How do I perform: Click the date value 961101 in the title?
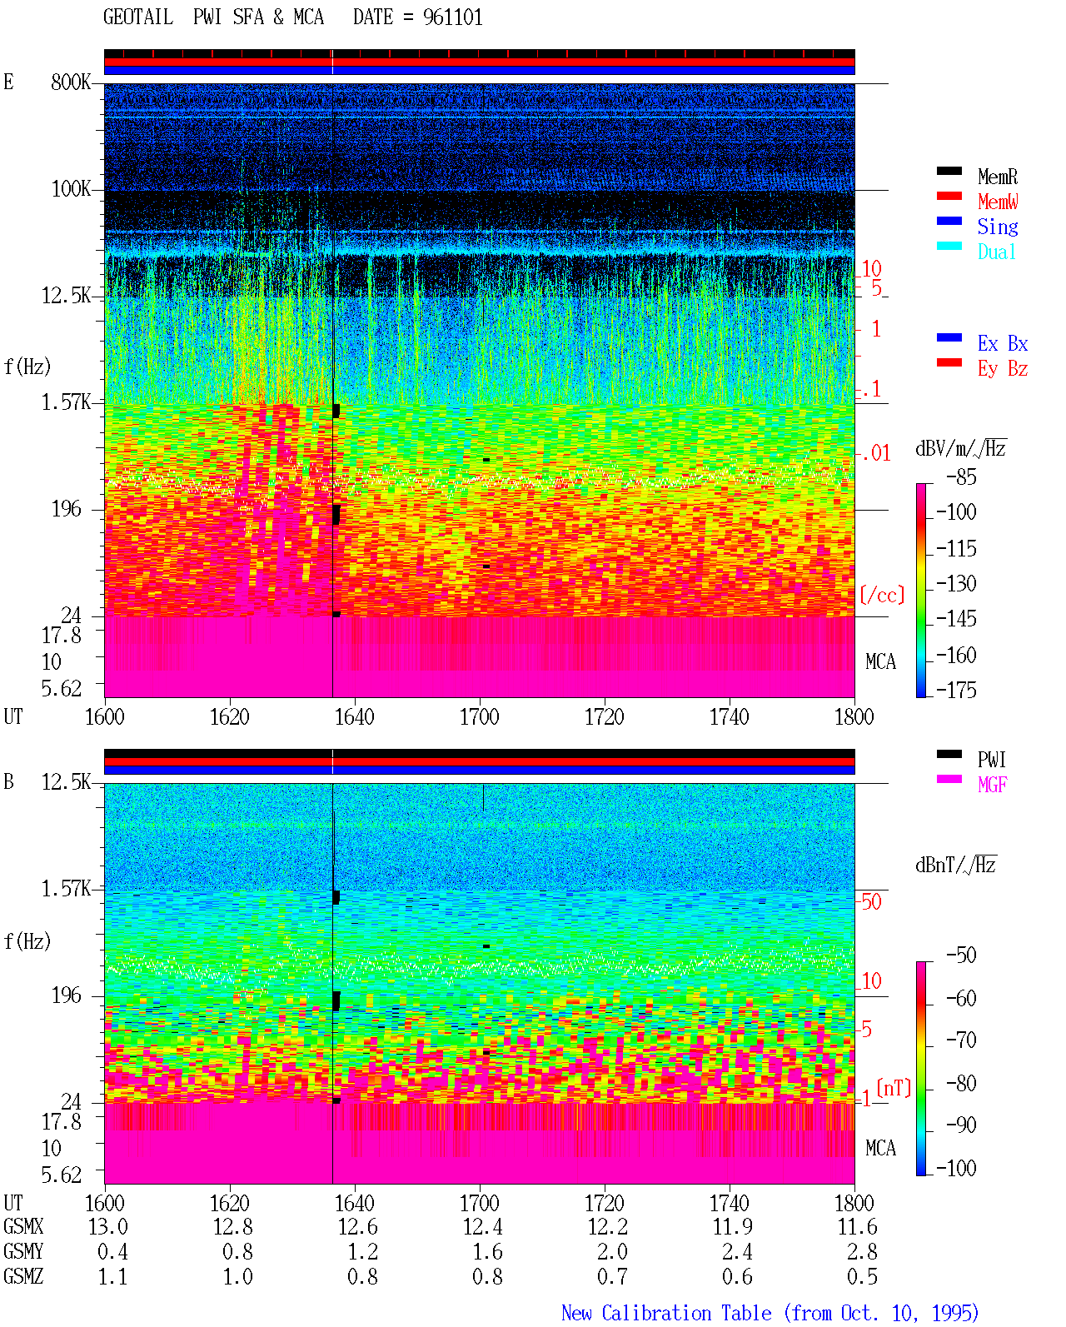pyautogui.click(x=452, y=17)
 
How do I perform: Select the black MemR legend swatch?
pyautogui.click(x=949, y=171)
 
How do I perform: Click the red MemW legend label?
pyautogui.click(x=998, y=202)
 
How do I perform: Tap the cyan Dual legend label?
pyautogui.click(x=996, y=252)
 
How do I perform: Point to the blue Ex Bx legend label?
pyautogui.click(x=1003, y=343)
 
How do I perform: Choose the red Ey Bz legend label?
pyautogui.click(x=1003, y=369)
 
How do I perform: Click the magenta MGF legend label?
pyautogui.click(x=992, y=785)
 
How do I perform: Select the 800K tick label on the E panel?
pyautogui.click(x=70, y=82)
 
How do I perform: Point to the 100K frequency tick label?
pyautogui.click(x=70, y=189)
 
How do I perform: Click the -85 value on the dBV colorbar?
pyautogui.click(x=961, y=476)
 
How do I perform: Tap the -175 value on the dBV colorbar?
pyautogui.click(x=956, y=690)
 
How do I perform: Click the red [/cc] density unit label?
pyautogui.click(x=882, y=595)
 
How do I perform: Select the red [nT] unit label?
pyautogui.click(x=894, y=1089)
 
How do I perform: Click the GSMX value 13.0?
pyautogui.click(x=108, y=1226)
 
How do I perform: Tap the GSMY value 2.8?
pyautogui.click(x=862, y=1252)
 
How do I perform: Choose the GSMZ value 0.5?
pyautogui.click(x=862, y=1276)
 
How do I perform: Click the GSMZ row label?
pyautogui.click(x=23, y=1276)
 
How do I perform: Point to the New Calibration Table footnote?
pyautogui.click(x=770, y=1314)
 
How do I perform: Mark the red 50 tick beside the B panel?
pyautogui.click(x=871, y=901)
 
